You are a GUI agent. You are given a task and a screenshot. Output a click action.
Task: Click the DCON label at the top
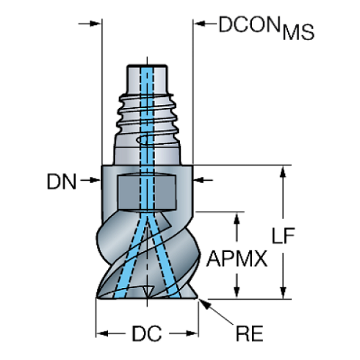(x=249, y=24)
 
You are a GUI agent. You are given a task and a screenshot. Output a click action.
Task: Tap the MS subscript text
(x=298, y=32)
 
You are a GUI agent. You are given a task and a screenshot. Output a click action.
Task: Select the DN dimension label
(x=62, y=181)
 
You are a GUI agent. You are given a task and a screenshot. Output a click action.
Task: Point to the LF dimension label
(x=284, y=236)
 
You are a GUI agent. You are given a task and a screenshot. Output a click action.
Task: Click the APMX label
(x=237, y=259)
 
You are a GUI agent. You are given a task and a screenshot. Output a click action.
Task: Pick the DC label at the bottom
(x=147, y=334)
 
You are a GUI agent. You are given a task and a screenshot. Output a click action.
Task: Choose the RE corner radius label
(x=249, y=334)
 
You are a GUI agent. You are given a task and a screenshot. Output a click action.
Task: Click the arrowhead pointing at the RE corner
(x=204, y=303)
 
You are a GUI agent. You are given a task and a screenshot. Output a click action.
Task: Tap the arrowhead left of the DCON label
(x=201, y=24)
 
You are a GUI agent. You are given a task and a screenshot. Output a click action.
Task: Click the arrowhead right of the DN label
(x=94, y=180)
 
